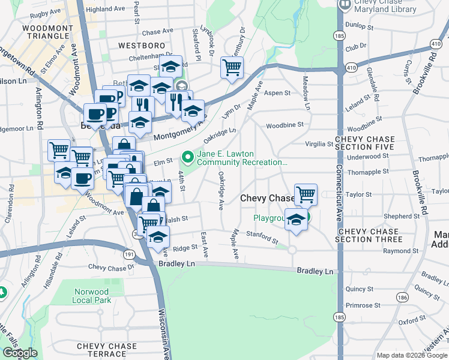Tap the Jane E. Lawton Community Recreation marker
point(188,158)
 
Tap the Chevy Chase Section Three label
point(367,235)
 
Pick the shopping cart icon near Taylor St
point(306,194)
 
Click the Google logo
point(20,353)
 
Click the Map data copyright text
point(412,355)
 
